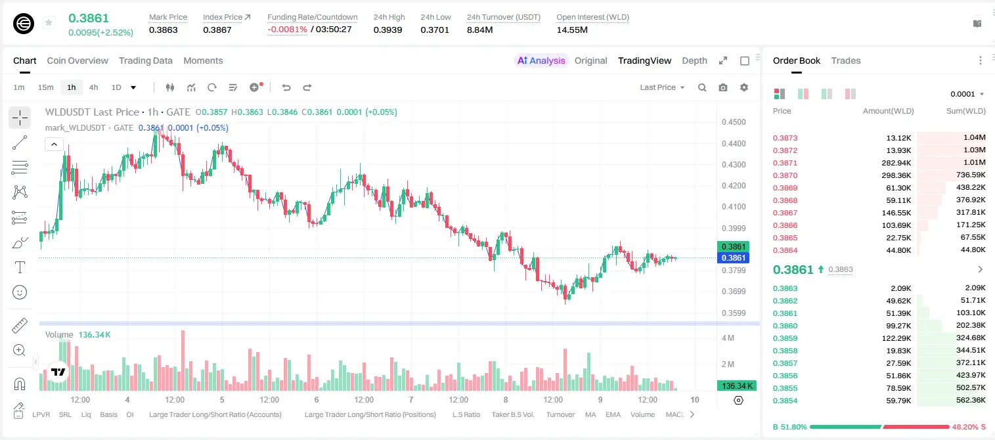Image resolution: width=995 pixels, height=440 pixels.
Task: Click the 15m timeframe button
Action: (45, 87)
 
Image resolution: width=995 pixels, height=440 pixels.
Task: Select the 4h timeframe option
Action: (93, 87)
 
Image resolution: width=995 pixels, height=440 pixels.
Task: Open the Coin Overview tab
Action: (77, 60)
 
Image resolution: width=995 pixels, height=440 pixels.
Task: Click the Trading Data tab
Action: (145, 60)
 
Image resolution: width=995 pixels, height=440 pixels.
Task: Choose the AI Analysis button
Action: (541, 60)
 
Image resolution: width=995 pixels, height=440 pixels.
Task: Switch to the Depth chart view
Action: (694, 60)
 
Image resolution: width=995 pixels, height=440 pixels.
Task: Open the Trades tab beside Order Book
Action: (846, 60)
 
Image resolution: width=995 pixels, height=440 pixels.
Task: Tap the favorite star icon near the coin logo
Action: (49, 22)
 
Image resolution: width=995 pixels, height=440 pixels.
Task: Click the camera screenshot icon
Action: (723, 87)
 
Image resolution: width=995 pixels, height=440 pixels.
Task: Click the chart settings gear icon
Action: (744, 87)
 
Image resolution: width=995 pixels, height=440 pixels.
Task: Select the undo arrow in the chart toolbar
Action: (286, 87)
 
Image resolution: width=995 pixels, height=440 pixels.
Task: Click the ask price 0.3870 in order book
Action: (785, 175)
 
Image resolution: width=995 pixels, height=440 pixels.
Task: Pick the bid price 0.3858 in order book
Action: (785, 351)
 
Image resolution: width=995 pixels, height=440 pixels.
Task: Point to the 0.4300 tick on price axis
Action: (734, 164)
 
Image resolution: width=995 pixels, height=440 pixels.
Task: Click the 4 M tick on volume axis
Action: (728, 338)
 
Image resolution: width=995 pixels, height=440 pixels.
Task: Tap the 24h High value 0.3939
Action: (387, 30)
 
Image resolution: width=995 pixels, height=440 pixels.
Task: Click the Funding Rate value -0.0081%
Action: (287, 30)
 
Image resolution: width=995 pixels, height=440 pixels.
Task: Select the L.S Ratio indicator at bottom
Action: (466, 414)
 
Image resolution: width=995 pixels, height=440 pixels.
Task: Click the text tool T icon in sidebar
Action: (20, 267)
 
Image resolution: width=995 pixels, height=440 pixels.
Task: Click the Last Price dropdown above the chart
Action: (662, 87)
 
